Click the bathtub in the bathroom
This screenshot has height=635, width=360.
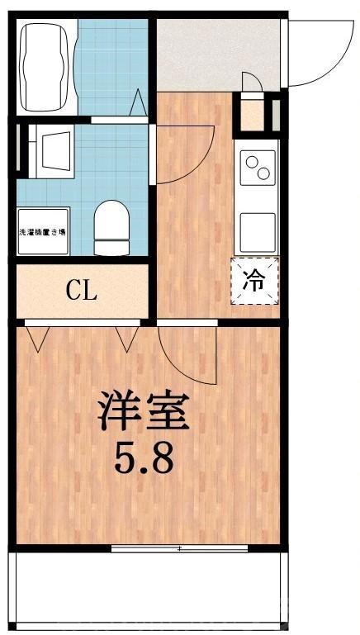46,66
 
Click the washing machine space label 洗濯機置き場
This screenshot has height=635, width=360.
43,234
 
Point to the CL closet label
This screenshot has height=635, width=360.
82,290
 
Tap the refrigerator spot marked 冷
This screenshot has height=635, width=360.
255,282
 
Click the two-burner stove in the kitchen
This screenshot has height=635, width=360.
256,168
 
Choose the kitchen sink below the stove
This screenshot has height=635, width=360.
257,232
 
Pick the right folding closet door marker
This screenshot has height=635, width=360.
126,338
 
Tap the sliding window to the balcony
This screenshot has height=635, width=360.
178,547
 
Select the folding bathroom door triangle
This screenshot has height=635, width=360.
138,105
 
